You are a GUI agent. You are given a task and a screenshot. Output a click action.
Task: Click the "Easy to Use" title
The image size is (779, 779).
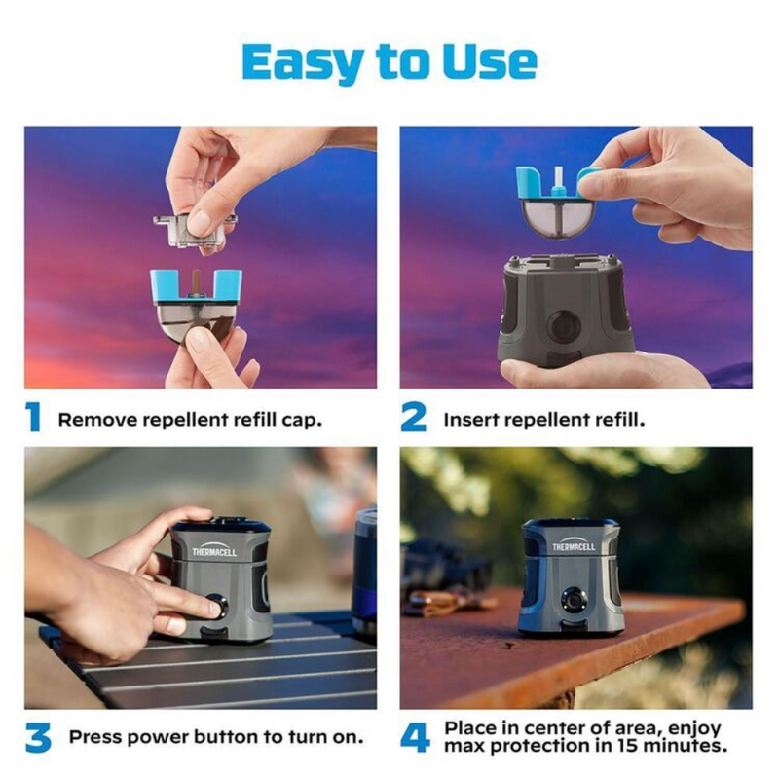click(x=389, y=63)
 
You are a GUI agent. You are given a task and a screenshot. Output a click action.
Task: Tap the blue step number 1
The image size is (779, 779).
click(x=33, y=418)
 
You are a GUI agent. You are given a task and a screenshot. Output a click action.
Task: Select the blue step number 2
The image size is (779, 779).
click(x=413, y=418)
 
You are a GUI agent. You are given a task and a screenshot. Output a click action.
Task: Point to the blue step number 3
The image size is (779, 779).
click(x=38, y=738)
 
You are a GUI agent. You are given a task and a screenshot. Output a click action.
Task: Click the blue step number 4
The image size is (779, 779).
click(x=416, y=738)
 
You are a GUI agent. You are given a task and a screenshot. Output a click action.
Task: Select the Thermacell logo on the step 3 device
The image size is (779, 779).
click(x=214, y=550)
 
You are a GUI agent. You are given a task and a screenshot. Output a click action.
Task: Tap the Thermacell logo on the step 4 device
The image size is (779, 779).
click(x=574, y=545)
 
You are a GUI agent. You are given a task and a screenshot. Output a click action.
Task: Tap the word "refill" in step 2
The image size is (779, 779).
click(x=620, y=420)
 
